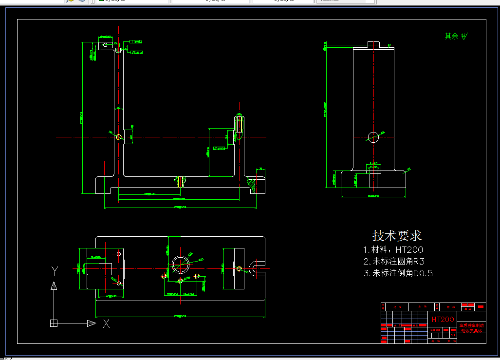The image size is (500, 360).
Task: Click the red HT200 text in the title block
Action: (x=443, y=320)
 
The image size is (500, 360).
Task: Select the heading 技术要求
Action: (x=397, y=236)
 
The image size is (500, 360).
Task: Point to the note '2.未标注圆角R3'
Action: (x=394, y=262)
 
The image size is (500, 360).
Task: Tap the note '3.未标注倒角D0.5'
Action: (x=398, y=273)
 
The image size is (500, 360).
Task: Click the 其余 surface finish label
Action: (x=452, y=37)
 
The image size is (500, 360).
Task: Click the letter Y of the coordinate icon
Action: (x=55, y=271)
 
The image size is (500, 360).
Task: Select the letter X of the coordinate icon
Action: (x=106, y=323)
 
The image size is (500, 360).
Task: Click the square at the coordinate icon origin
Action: (x=54, y=323)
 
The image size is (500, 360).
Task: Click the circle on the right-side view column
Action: (x=373, y=137)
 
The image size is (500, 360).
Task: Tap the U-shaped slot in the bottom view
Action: (x=256, y=267)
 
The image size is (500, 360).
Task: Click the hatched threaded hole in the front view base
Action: (x=181, y=182)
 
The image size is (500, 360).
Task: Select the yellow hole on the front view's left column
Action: (x=118, y=137)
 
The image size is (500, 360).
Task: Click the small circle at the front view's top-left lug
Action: (x=105, y=44)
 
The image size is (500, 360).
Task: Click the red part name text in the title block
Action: (x=471, y=328)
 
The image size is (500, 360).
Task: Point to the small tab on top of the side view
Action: (x=373, y=44)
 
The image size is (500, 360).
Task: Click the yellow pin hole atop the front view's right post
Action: (x=239, y=124)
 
